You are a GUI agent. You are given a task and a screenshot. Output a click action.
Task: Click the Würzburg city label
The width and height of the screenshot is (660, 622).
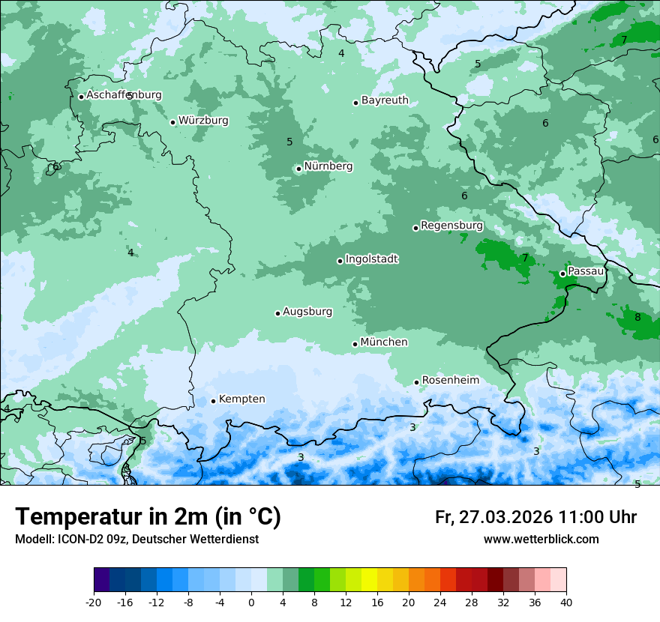point(203,121)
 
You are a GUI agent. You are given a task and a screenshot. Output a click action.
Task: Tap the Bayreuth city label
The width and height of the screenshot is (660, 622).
point(385,100)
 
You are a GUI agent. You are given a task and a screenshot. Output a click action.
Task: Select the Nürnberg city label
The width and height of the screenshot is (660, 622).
point(328,166)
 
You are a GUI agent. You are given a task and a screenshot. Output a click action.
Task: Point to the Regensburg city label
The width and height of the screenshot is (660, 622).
point(451,226)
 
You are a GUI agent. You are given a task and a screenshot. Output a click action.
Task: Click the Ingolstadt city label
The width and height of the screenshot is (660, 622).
point(371,259)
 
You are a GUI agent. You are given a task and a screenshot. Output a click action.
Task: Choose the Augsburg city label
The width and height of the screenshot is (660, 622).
point(307,312)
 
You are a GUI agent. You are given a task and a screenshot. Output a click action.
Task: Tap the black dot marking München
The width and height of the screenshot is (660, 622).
point(355,344)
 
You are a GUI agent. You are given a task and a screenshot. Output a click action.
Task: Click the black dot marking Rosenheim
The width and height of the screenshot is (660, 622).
point(417,382)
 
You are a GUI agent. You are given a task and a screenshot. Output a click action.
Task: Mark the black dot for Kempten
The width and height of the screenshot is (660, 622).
point(214,401)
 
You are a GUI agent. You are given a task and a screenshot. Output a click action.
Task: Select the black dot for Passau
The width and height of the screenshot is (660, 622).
point(562,274)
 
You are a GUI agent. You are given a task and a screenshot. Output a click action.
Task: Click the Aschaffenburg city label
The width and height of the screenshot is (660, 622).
point(124,95)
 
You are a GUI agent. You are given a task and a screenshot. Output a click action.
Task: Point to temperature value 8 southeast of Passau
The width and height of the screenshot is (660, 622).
point(637,317)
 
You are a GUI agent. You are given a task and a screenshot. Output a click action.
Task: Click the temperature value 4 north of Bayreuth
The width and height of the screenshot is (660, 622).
point(341,53)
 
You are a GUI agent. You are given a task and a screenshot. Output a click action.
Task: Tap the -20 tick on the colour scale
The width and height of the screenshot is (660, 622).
point(94,601)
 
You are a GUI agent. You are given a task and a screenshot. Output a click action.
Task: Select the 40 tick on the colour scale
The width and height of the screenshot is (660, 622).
point(565,601)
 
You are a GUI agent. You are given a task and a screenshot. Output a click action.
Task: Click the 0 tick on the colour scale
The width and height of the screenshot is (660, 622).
point(251,601)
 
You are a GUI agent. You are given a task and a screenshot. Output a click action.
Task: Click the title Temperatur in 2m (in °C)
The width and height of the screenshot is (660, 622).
point(148,517)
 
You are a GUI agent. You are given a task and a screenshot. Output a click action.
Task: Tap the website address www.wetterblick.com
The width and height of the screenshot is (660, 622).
point(541,539)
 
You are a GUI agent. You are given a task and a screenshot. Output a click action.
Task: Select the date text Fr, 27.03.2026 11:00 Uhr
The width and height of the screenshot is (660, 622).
point(535,517)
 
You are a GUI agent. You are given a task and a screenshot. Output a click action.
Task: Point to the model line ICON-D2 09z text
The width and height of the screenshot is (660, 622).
point(136,539)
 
